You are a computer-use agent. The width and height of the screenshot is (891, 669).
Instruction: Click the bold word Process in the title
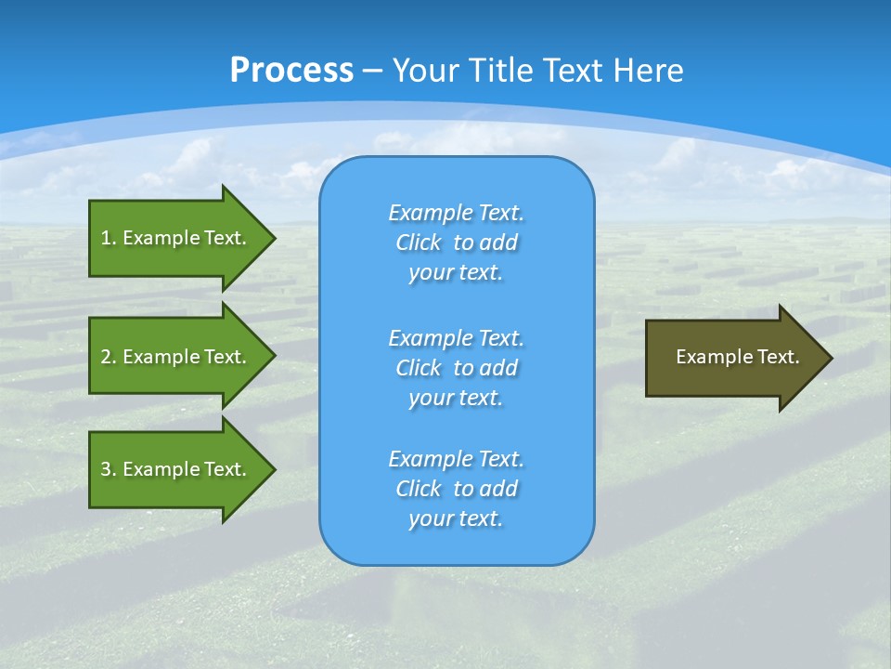tap(291, 71)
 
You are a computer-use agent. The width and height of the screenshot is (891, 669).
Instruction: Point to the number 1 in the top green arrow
tap(106, 238)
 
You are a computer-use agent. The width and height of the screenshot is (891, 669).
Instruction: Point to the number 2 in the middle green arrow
tap(106, 357)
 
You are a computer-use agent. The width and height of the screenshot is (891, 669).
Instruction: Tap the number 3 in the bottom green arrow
tap(106, 469)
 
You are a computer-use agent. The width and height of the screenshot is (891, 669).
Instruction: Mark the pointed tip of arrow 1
tap(273, 238)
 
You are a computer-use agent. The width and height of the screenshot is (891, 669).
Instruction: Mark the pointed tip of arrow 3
tap(273, 469)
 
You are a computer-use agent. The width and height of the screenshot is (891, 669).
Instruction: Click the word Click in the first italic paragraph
tap(419, 243)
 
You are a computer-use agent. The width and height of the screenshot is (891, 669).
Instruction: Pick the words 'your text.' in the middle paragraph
tap(456, 398)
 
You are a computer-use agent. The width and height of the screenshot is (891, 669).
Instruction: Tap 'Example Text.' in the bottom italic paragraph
tap(456, 459)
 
